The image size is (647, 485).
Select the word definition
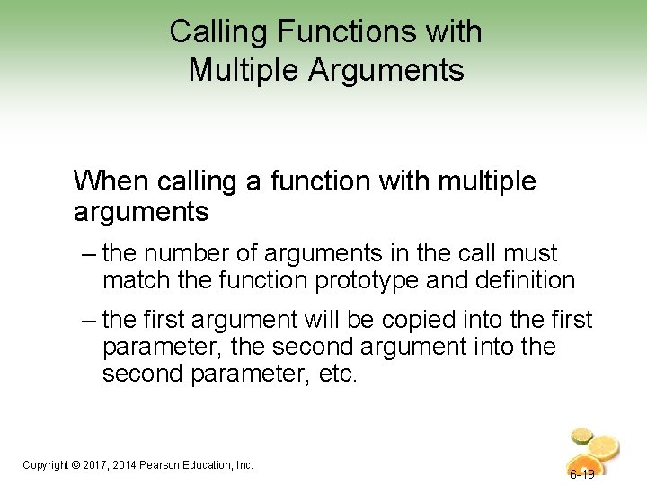[x=520, y=280]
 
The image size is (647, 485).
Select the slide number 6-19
[x=581, y=473]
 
